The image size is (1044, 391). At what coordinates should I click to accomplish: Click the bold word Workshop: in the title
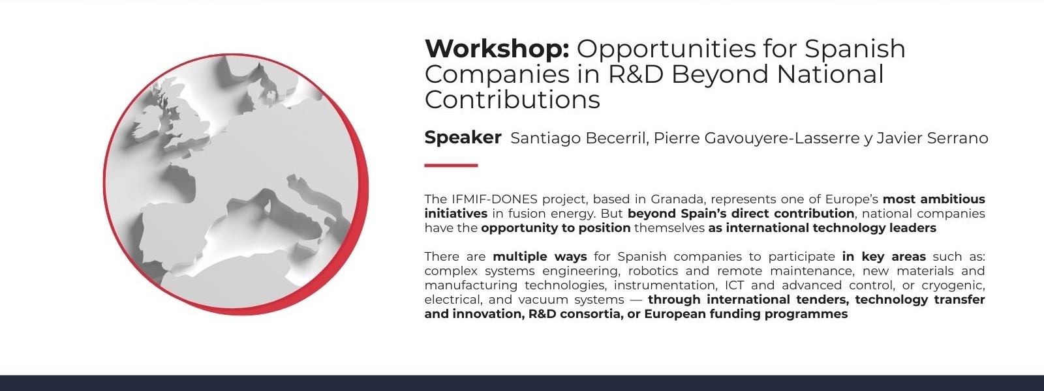tap(497, 48)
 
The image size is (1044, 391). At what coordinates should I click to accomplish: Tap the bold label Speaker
tap(463, 138)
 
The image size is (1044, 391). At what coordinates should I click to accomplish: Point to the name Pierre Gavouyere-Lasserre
tap(756, 138)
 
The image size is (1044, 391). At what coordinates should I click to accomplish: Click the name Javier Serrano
tap(932, 138)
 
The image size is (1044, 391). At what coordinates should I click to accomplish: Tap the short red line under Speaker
tap(451, 166)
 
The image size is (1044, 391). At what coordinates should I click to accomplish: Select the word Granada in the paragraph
tap(677, 199)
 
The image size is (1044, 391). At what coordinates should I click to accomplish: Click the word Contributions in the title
tap(512, 100)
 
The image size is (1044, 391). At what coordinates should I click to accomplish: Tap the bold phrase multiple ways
tap(540, 257)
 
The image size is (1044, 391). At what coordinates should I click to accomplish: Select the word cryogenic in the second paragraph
tap(953, 286)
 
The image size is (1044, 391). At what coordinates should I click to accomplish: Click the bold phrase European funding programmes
tap(746, 314)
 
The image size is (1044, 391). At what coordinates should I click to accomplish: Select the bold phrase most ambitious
tap(934, 199)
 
